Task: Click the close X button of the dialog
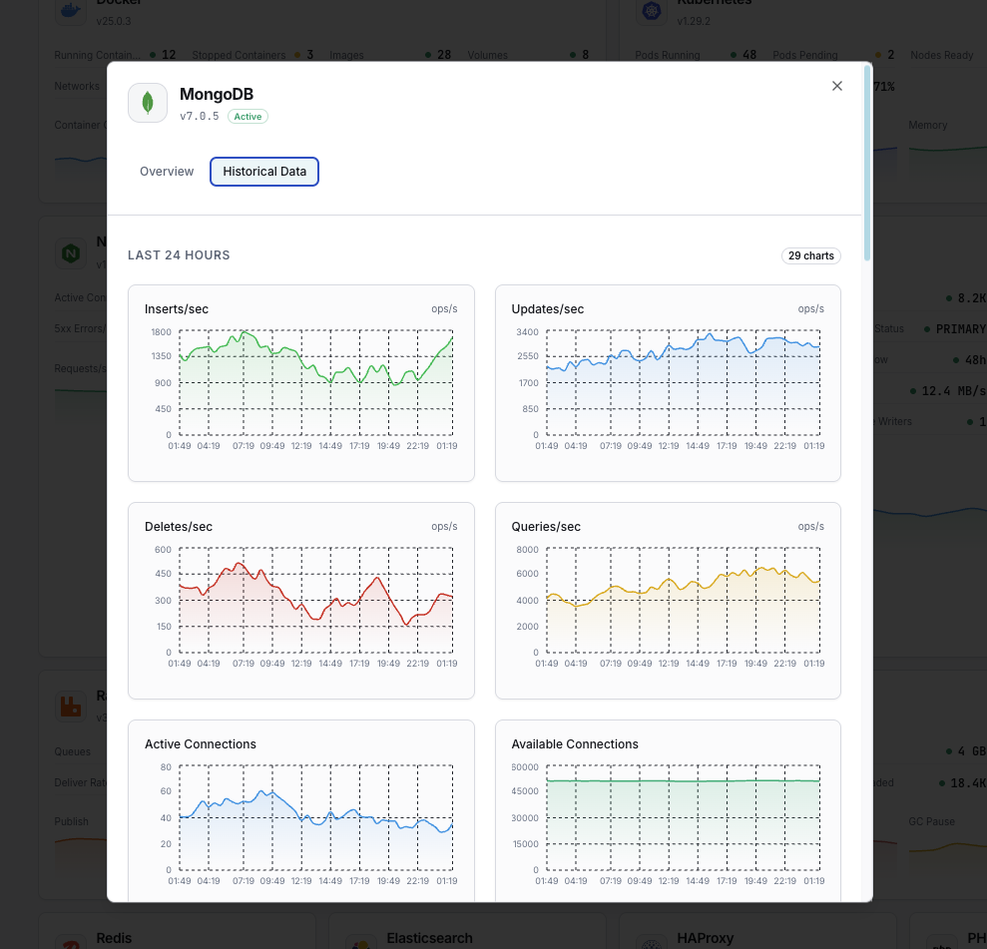(837, 86)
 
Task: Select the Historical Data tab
(264, 172)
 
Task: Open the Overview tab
(167, 172)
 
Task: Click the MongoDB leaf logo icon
(148, 103)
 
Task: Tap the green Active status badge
(247, 117)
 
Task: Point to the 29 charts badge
(810, 256)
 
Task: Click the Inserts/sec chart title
(177, 309)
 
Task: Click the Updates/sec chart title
(548, 309)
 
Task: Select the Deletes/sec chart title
(179, 527)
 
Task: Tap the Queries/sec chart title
(546, 527)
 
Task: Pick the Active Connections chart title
(201, 744)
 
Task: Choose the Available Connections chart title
(575, 744)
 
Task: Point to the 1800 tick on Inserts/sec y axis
(162, 331)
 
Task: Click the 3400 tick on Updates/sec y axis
(528, 331)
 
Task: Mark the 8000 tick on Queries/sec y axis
(528, 549)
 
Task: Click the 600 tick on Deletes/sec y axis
(164, 549)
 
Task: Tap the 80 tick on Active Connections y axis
(166, 766)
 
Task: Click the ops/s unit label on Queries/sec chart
(810, 527)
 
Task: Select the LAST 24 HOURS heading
(179, 255)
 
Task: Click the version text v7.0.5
(199, 117)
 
